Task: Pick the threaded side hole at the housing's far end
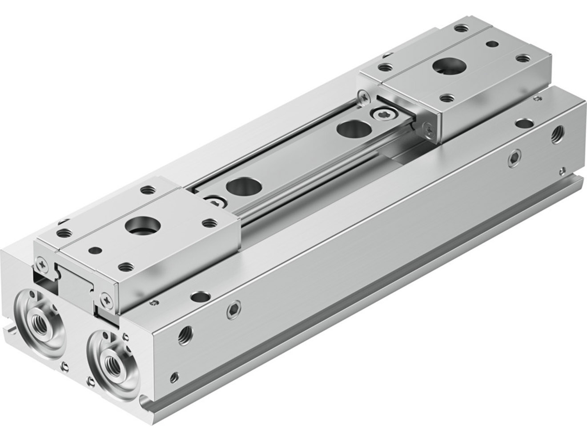(x=556, y=135)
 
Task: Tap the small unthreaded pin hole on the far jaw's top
(x=492, y=44)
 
